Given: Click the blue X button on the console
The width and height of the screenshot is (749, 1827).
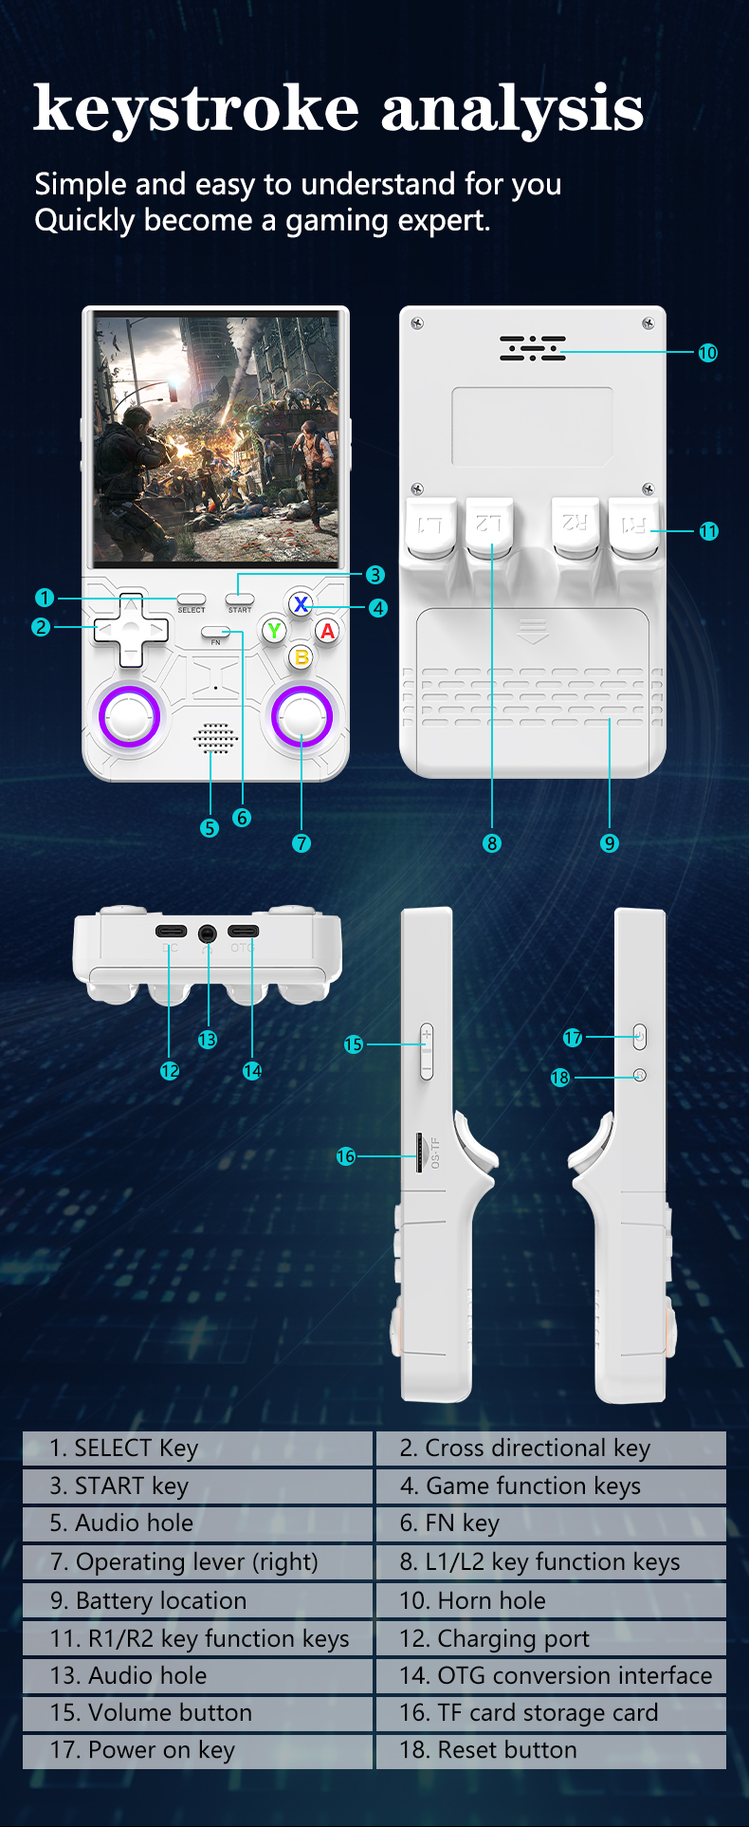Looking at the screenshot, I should click(x=301, y=604).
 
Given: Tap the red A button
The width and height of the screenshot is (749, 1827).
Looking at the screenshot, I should click(x=327, y=631).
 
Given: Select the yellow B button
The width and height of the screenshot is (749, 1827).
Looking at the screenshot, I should click(x=301, y=656).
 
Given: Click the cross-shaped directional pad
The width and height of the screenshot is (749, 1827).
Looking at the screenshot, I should click(x=131, y=629).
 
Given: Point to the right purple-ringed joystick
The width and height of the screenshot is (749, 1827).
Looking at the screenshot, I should click(x=301, y=716).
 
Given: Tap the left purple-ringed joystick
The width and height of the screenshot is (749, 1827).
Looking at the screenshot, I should click(x=130, y=716).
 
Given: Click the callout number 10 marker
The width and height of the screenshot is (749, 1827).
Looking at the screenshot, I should click(x=707, y=353).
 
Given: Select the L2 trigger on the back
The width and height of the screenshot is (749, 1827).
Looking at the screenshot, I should click(x=489, y=527).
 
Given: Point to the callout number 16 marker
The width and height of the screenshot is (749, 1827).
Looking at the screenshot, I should click(x=346, y=1156).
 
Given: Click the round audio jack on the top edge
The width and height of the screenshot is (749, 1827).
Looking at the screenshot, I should click(x=208, y=933).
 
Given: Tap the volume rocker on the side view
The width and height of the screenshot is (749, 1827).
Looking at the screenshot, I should click(x=427, y=1051).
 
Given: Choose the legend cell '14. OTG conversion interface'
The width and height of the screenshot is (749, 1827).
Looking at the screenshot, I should click(x=551, y=1675).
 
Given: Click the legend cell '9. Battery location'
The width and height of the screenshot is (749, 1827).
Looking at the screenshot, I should click(x=197, y=1600).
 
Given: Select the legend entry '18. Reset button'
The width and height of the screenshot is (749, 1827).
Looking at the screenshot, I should click(x=551, y=1749).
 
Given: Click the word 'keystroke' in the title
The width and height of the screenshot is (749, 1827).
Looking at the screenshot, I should click(x=196, y=108).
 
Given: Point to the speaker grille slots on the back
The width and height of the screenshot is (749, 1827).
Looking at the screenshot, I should click(x=533, y=348).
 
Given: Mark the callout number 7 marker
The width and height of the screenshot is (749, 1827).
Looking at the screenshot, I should click(x=301, y=843).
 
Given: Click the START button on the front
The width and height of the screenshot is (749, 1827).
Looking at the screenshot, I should click(x=240, y=600).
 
